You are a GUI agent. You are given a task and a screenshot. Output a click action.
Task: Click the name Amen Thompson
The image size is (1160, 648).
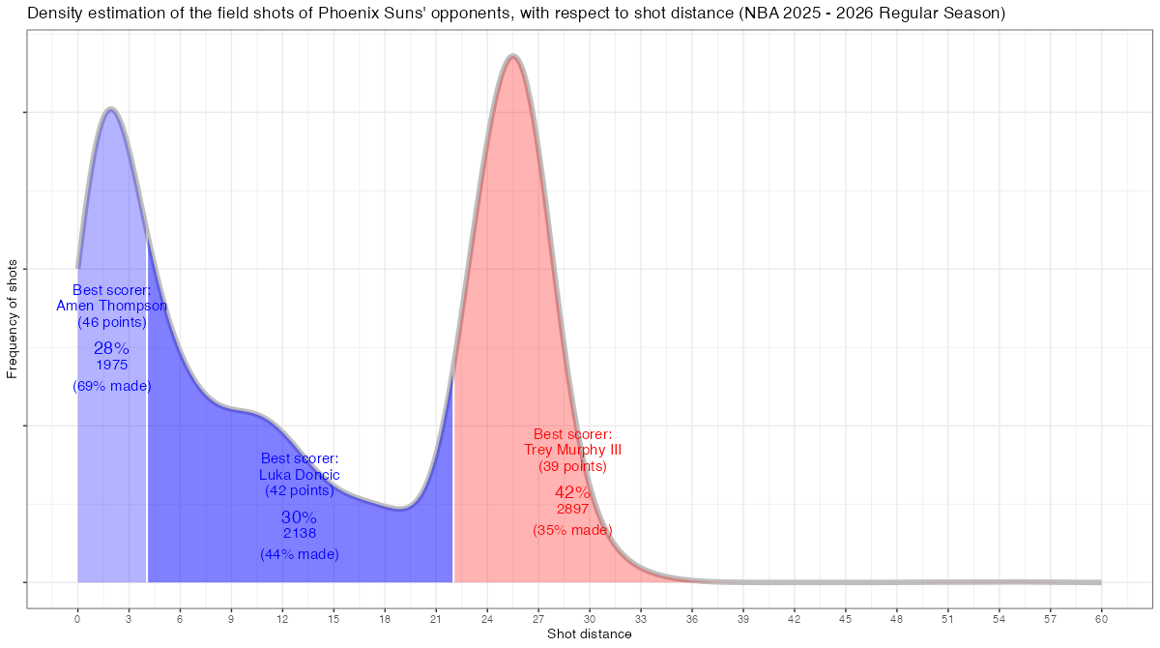112,306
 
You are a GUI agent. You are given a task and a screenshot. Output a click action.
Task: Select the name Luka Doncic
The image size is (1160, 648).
300,474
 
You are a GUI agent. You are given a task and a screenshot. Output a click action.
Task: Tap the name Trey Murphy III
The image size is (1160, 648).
572,450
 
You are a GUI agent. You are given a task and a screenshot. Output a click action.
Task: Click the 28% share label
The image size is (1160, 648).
112,348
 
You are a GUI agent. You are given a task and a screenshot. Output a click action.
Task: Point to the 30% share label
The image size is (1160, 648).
300,516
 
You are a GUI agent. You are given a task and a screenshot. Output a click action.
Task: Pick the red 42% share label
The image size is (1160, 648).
572,492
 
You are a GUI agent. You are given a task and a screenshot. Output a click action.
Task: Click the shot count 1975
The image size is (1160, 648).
112,365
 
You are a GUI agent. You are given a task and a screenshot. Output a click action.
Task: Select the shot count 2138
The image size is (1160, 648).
300,533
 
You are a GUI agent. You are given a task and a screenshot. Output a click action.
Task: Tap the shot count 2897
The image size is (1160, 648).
572,509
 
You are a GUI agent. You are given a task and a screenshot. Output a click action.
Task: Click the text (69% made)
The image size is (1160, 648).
112,386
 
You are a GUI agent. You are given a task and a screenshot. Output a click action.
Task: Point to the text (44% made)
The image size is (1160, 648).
300,554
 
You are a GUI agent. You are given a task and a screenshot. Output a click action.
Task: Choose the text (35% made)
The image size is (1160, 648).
572,530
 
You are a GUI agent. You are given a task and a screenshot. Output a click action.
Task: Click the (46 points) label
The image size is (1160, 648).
112,322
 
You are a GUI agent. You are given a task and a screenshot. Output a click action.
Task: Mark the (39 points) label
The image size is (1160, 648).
572,466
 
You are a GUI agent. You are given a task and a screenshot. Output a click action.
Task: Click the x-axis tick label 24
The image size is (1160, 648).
487,618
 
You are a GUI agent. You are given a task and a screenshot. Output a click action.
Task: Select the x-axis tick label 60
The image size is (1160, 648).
1101,618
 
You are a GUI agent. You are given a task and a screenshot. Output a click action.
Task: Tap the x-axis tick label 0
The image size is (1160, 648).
77,618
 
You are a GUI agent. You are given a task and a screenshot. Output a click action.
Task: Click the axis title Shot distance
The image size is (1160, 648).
590,634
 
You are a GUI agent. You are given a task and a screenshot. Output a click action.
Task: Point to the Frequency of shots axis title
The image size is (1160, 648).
13,318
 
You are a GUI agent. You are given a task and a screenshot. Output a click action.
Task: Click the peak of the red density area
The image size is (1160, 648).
512,58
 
